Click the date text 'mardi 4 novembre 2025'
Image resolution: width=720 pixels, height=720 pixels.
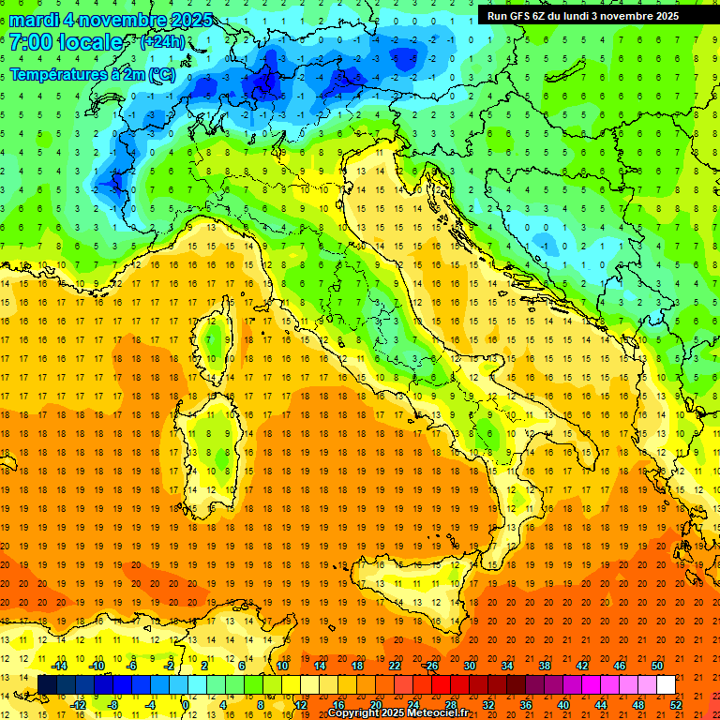point(112,20)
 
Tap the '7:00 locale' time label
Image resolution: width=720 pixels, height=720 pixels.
point(67,42)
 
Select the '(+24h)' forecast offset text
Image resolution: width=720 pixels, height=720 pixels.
point(162,42)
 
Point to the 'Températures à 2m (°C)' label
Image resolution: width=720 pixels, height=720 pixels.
point(92,73)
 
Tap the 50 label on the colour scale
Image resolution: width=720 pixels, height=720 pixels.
point(657,666)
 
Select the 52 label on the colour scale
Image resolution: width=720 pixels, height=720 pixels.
point(676,704)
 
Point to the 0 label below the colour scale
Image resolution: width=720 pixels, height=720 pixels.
point(186,704)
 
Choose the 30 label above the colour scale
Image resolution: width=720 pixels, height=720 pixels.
point(470,666)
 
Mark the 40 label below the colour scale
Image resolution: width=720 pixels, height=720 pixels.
point(563,704)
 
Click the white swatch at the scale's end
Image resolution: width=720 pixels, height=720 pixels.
point(666,684)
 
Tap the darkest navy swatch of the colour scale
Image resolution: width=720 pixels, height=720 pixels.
point(47,684)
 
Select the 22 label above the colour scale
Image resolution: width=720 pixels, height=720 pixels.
point(395,666)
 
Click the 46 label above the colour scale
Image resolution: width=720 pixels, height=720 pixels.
point(620,666)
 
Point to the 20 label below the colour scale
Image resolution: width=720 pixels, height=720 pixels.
point(376,704)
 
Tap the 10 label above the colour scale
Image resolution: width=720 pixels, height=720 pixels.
point(282,666)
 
